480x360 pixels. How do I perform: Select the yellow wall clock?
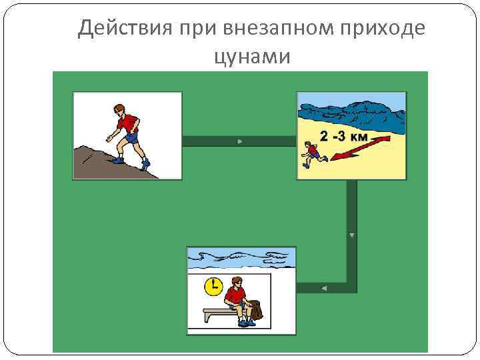point(213,286)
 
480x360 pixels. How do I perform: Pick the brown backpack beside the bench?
point(254,309)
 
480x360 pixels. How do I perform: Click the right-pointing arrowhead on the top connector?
point(239,141)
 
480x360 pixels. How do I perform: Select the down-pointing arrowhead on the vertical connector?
point(351,235)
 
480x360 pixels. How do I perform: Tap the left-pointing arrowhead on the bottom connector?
point(323,288)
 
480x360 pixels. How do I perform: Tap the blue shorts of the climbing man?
point(131,138)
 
